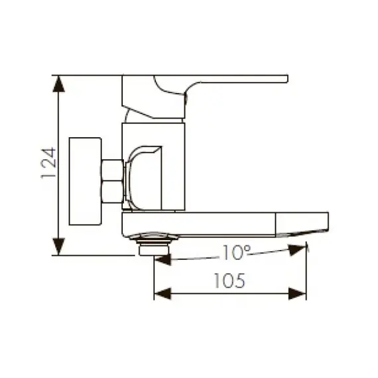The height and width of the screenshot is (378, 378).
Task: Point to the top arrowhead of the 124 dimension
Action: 60,83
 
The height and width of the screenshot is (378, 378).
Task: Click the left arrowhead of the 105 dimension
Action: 162,292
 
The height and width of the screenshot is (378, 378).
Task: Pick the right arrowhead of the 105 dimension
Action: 299,292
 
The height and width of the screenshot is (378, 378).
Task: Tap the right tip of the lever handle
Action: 285,79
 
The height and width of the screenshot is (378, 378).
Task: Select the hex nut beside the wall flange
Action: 111,180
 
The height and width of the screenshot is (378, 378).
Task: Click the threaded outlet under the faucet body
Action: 154,244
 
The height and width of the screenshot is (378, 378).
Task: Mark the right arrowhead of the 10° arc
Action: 298,249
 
